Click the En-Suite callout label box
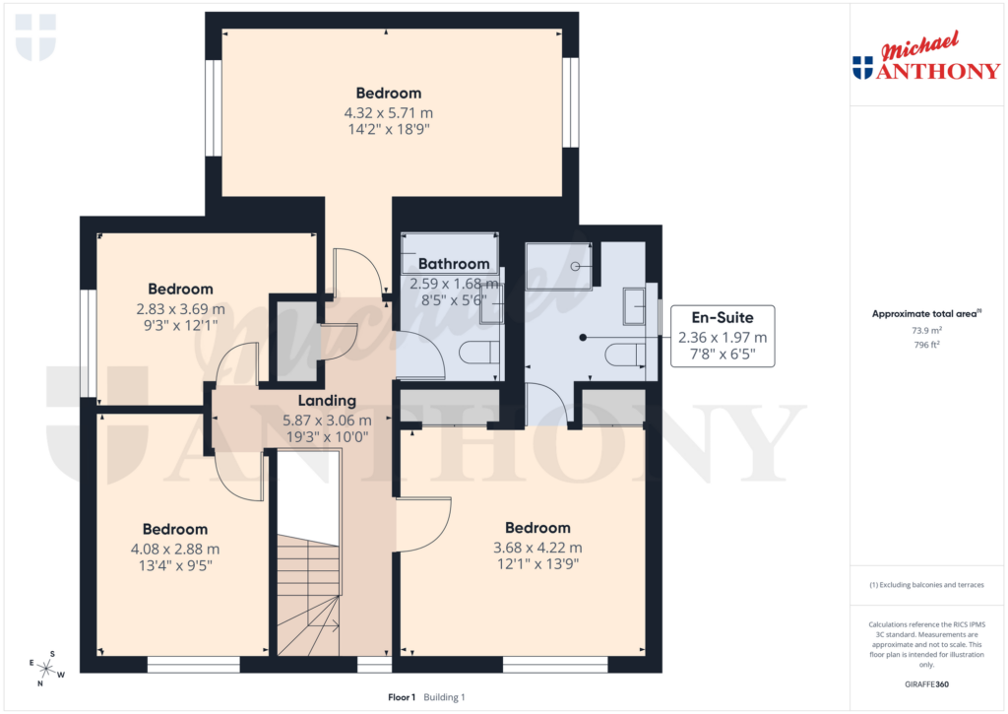(x=723, y=336)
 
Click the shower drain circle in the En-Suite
(x=576, y=267)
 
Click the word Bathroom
(x=454, y=264)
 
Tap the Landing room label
(x=327, y=401)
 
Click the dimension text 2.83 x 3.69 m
(x=180, y=308)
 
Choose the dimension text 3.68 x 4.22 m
(x=537, y=548)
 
